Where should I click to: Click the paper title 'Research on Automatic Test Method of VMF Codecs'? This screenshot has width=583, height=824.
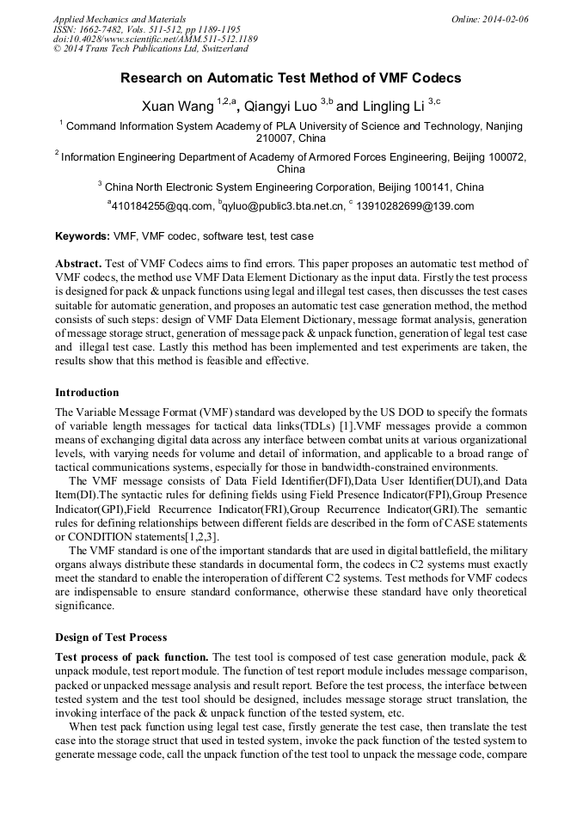click(x=291, y=78)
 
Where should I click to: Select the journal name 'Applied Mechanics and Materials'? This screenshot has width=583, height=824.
click(x=119, y=19)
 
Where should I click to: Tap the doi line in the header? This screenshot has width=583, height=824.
click(x=155, y=40)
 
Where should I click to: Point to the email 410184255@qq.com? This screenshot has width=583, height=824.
click(x=163, y=206)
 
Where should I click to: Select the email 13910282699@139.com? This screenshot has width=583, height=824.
click(x=415, y=206)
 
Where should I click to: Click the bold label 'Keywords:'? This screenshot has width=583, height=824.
click(x=83, y=236)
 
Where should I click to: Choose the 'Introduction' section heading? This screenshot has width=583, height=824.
click(x=87, y=393)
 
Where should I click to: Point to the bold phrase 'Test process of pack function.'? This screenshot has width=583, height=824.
click(x=132, y=656)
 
